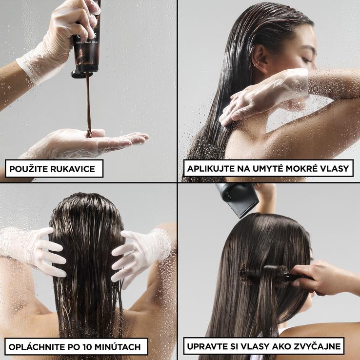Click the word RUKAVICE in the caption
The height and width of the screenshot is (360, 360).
coord(73,169)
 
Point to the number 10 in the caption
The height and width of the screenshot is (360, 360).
coord(78,347)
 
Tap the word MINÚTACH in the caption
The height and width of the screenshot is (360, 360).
coord(113,346)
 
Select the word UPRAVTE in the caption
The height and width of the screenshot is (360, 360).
coord(205,346)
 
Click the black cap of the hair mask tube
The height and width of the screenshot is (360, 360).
coord(82,74)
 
